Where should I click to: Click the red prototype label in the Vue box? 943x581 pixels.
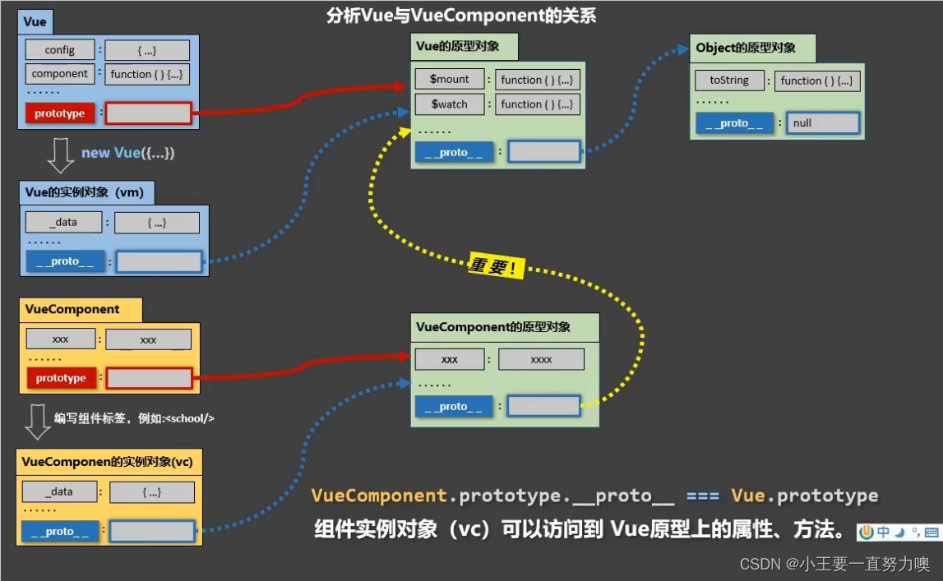click(x=60, y=113)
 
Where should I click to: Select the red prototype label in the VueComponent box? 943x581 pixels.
click(x=61, y=378)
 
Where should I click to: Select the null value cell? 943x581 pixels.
click(x=823, y=123)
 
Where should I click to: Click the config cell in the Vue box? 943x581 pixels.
click(x=60, y=50)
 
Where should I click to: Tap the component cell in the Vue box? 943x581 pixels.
click(x=60, y=74)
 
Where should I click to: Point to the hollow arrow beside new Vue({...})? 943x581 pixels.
click(x=61, y=155)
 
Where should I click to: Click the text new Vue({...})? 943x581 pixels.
click(x=127, y=154)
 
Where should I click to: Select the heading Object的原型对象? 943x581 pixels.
click(x=746, y=48)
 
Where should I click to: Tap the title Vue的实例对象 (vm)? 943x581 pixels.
click(x=85, y=192)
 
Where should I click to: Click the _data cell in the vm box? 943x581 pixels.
click(x=63, y=222)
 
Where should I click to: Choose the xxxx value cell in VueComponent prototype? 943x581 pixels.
click(x=541, y=360)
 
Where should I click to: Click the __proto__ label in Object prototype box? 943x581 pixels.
click(x=734, y=123)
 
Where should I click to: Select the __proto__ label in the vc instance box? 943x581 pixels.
click(x=59, y=532)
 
